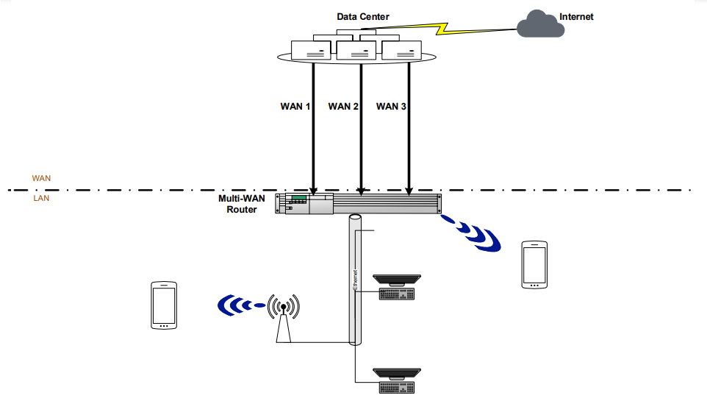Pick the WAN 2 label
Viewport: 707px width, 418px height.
pyautogui.click(x=343, y=107)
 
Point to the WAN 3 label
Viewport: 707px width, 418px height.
pyautogui.click(x=391, y=107)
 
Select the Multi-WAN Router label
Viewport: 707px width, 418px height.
pyautogui.click(x=237, y=204)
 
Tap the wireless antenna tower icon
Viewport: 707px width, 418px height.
pyautogui.click(x=284, y=319)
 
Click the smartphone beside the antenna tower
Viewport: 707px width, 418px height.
pyautogui.click(x=163, y=305)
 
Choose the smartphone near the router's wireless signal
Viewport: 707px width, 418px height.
pyautogui.click(x=534, y=264)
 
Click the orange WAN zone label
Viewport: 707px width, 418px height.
pyautogui.click(x=41, y=178)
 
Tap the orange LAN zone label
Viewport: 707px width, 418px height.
pyautogui.click(x=41, y=198)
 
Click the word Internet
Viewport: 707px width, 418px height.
pyautogui.click(x=576, y=16)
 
